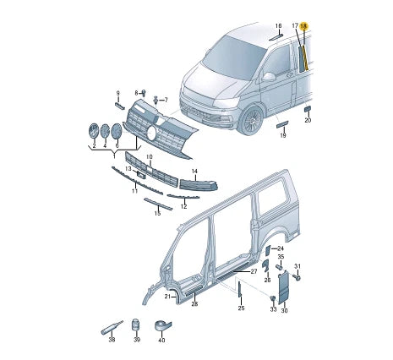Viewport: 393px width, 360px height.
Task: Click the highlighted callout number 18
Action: (x=304, y=27)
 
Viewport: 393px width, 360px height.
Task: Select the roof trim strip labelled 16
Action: (x=276, y=37)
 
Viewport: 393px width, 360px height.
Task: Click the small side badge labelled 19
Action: (x=282, y=123)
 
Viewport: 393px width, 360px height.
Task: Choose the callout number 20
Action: (x=308, y=121)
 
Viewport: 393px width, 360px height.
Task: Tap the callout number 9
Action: (x=118, y=92)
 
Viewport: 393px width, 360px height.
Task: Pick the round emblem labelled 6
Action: (x=117, y=133)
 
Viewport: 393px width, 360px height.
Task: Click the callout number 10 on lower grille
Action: (x=149, y=157)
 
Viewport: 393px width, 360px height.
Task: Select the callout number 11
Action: (x=134, y=192)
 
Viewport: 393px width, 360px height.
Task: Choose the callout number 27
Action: (x=253, y=271)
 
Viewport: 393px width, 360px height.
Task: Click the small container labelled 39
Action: (x=135, y=325)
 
